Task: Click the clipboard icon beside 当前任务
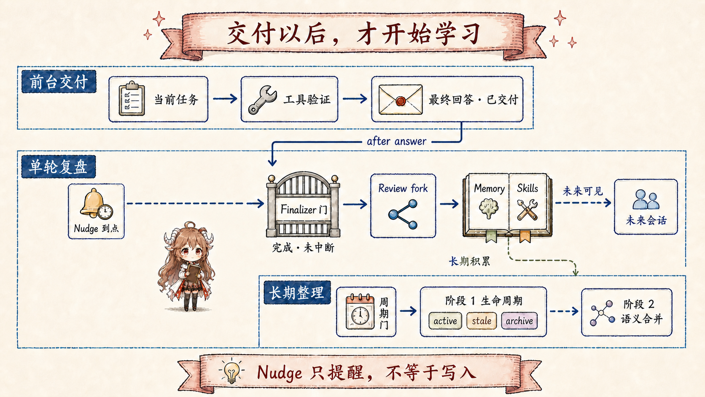132,99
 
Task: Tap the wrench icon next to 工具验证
262,100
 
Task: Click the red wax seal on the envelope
400,101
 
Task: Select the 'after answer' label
396,141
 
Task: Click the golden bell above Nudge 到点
92,203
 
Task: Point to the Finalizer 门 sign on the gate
304,209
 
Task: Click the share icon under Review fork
403,214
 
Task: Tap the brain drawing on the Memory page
488,208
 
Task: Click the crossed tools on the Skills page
527,209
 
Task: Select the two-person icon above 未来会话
646,200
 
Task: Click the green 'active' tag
445,321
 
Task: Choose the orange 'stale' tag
481,321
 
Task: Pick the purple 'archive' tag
519,321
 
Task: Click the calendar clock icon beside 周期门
360,312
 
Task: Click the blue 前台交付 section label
59,82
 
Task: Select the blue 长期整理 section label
297,293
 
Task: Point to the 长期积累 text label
469,261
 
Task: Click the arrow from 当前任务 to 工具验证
225,99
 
